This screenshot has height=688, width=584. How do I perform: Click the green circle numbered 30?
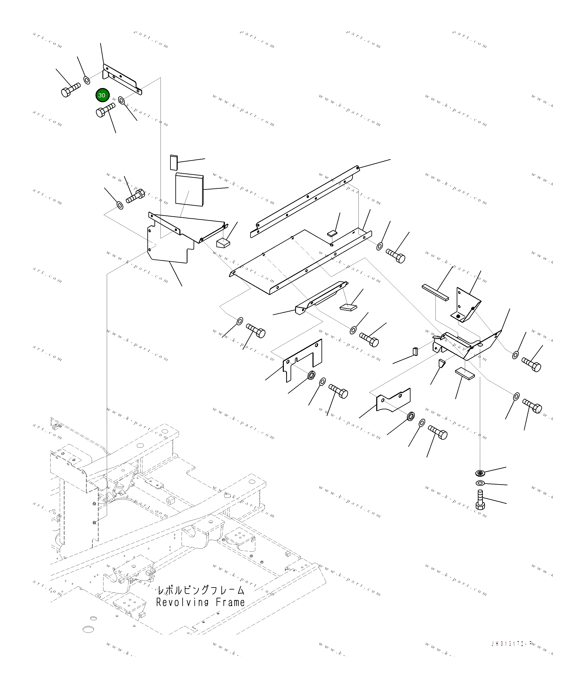(102, 95)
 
